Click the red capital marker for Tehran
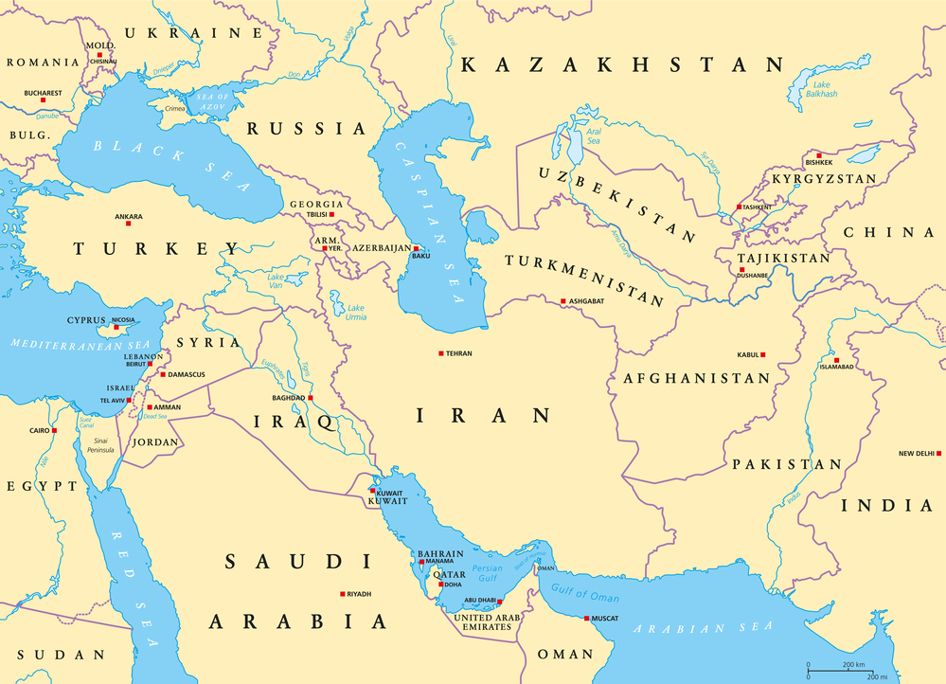point(440,353)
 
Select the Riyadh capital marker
point(343,594)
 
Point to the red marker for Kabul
point(763,355)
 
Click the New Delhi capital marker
point(938,454)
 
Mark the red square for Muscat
point(587,619)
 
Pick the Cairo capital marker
point(54,431)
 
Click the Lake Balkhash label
point(819,89)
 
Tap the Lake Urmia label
point(356,312)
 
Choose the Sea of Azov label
point(213,99)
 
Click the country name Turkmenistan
point(584,279)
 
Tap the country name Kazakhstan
point(622,64)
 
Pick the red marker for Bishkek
point(818,154)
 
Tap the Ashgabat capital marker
point(562,301)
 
